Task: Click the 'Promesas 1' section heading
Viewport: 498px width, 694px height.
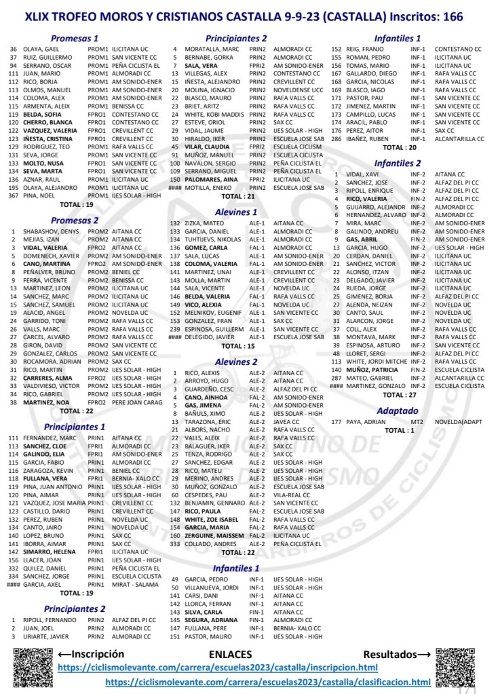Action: click(x=75, y=39)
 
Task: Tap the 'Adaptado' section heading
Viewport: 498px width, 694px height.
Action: click(x=398, y=410)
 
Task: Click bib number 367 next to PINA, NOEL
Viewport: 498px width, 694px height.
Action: click(x=13, y=195)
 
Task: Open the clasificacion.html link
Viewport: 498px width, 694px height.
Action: click(x=268, y=682)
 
